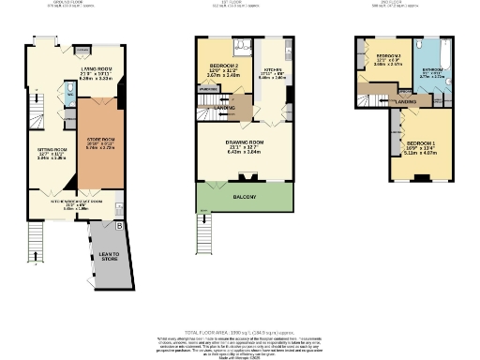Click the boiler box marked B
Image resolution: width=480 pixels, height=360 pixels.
[118, 226]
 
